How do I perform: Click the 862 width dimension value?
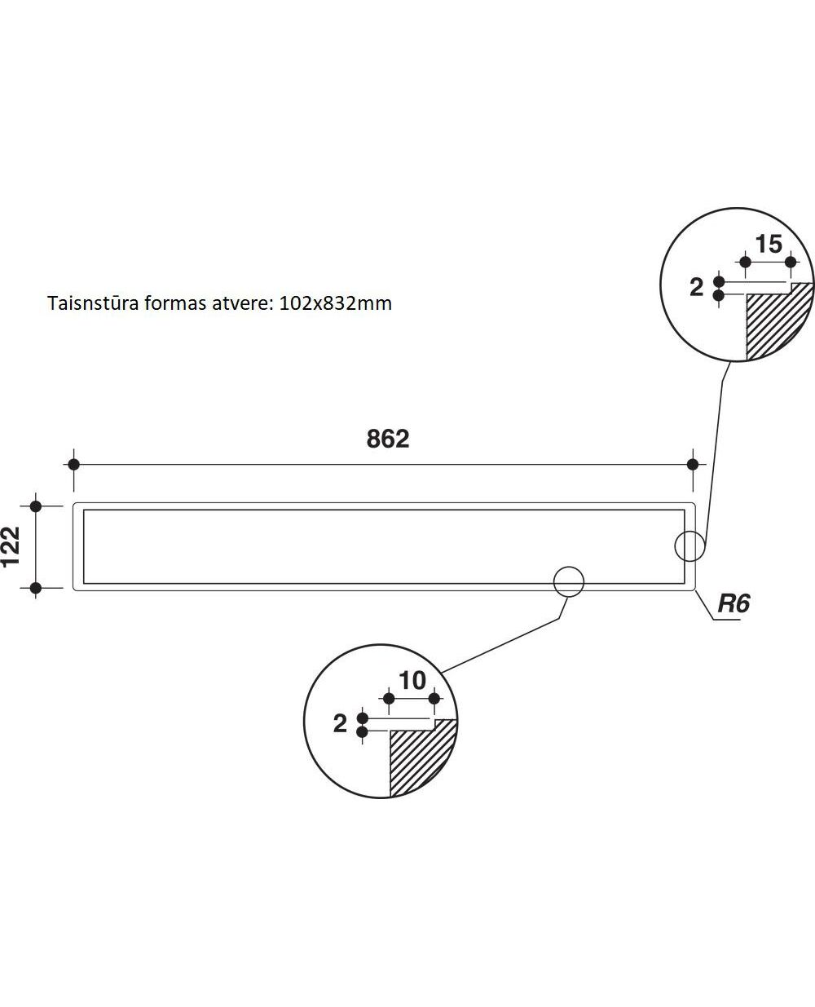click(x=387, y=439)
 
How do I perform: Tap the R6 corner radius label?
click(x=733, y=604)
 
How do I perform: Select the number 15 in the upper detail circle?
click(x=768, y=244)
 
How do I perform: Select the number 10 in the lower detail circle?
click(x=412, y=680)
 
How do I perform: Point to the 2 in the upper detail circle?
click(x=696, y=287)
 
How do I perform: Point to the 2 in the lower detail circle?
click(x=340, y=723)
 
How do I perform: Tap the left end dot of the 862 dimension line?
click(x=73, y=465)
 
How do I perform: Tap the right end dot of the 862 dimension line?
click(x=693, y=465)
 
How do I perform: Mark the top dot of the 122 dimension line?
click(x=35, y=506)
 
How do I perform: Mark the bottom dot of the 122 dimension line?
click(x=35, y=587)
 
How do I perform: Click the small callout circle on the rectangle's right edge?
click(x=689, y=546)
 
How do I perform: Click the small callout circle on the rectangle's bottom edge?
click(x=569, y=581)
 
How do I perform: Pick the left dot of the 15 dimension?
click(x=744, y=262)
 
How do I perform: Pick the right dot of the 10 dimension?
click(x=434, y=699)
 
